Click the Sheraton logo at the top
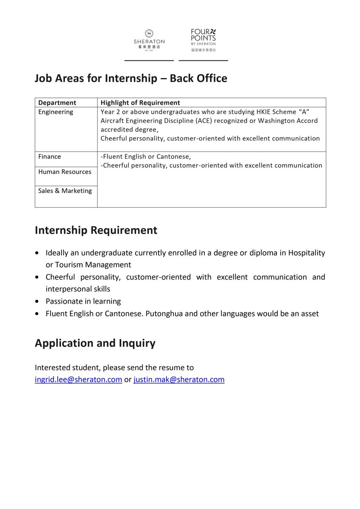(x=149, y=40)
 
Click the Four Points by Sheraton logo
(x=203, y=40)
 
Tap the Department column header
(x=57, y=103)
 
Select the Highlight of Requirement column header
(x=140, y=103)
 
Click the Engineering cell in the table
(x=56, y=112)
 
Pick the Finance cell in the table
(x=50, y=157)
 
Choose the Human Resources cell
(x=65, y=172)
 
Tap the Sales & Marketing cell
(x=65, y=191)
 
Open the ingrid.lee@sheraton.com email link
(x=78, y=380)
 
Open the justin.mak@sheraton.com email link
(x=179, y=380)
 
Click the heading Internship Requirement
(x=96, y=230)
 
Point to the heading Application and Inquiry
(x=95, y=343)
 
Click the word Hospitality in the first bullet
(x=307, y=253)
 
